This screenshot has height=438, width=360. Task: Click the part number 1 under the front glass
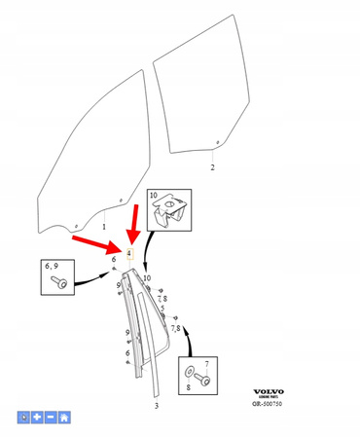click(x=104, y=226)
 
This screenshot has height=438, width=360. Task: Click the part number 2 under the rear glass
click(x=212, y=167)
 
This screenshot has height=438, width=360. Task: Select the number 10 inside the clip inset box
click(x=154, y=197)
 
